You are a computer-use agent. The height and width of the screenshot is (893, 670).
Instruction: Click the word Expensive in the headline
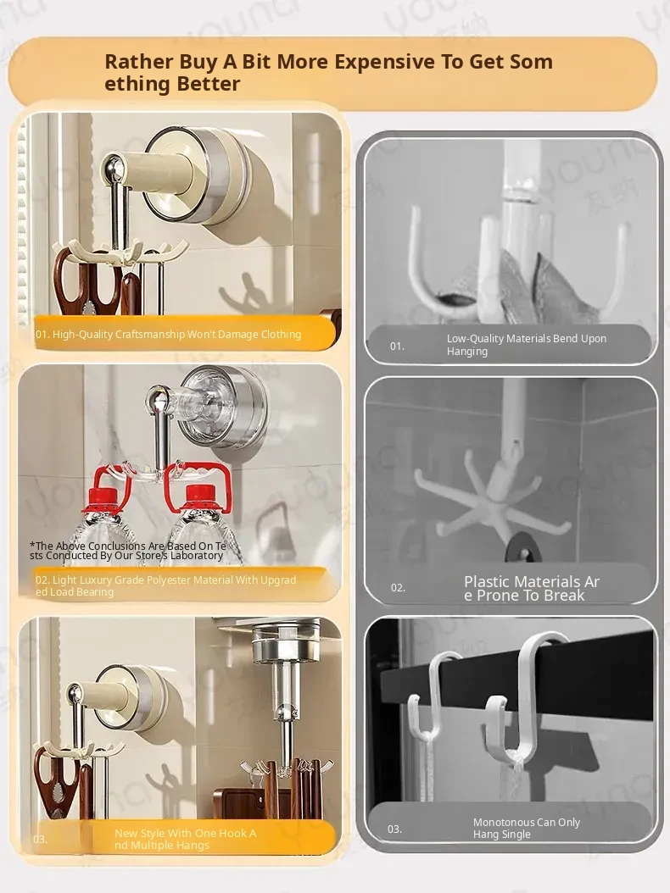pyautogui.click(x=383, y=62)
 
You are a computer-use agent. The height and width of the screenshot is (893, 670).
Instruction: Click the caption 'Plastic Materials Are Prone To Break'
pyautogui.click(x=532, y=588)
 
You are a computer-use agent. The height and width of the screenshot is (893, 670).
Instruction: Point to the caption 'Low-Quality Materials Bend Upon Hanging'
pyautogui.click(x=527, y=345)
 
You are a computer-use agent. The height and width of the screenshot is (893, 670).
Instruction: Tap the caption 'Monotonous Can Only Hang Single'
pyautogui.click(x=527, y=828)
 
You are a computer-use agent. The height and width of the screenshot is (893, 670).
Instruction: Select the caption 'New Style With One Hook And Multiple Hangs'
pyautogui.click(x=185, y=839)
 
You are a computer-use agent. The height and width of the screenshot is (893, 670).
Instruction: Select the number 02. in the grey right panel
pyautogui.click(x=398, y=588)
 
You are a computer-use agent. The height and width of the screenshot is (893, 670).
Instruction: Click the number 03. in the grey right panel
pyautogui.click(x=394, y=829)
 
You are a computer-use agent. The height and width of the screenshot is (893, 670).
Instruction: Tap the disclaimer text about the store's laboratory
pyautogui.click(x=128, y=551)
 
